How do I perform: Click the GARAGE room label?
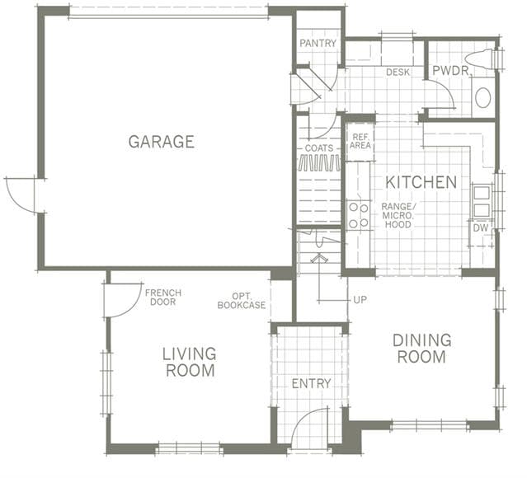[162, 142]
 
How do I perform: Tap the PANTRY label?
[318, 44]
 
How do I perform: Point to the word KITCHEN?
[421, 182]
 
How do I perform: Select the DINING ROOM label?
[421, 349]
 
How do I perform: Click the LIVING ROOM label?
[190, 362]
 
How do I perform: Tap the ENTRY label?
[311, 383]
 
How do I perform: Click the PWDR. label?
[451, 71]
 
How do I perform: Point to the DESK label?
[398, 73]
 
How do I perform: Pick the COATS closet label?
[319, 148]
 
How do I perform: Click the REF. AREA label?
[360, 142]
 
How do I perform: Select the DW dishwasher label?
[481, 227]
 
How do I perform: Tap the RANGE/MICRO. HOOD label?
[398, 215]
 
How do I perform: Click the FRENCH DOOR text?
[163, 298]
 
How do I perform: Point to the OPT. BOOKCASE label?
[242, 301]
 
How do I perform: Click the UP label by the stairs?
[360, 300]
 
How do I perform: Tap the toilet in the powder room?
[483, 60]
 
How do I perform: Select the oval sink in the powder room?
[483, 98]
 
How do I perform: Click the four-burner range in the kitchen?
[358, 215]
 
